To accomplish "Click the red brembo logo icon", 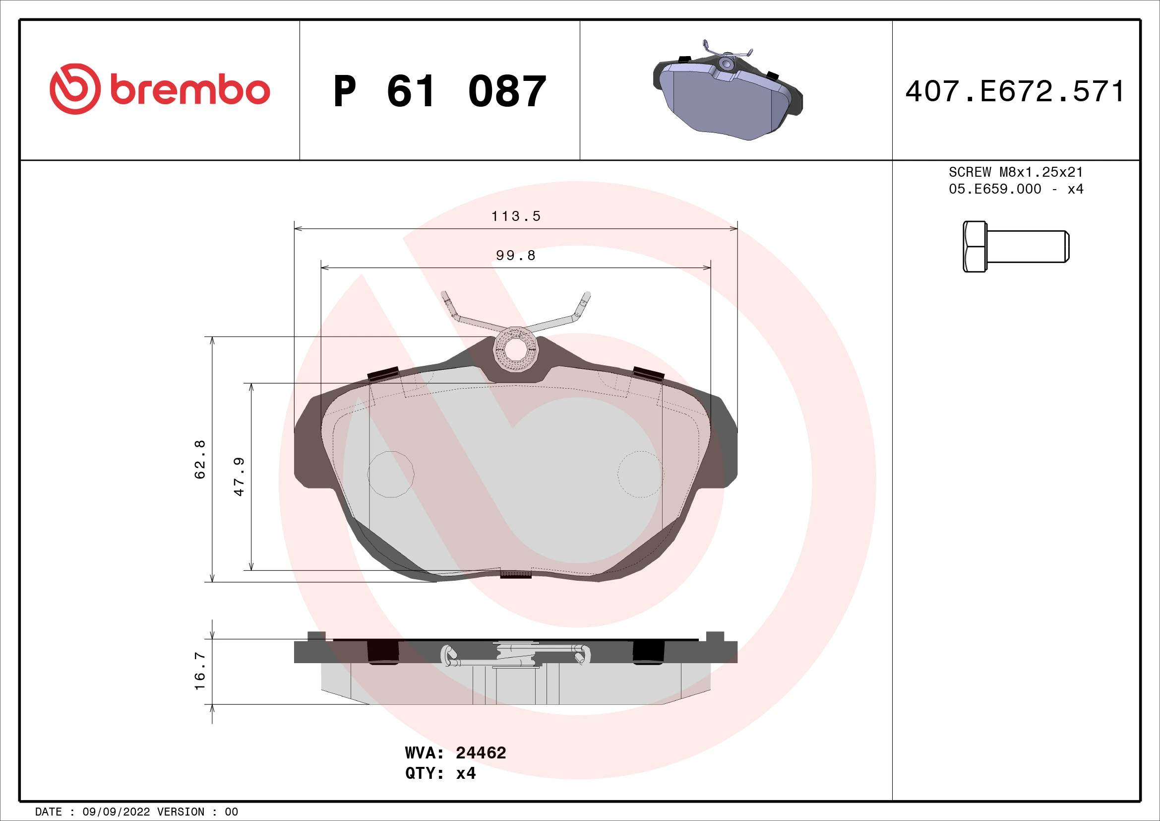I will (75, 89).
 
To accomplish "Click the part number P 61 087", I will (439, 91).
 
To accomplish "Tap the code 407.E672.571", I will (1015, 91).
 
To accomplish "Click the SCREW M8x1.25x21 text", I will (1016, 172).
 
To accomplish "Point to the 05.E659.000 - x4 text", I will (1016, 189).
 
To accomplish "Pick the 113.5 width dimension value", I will (516, 216).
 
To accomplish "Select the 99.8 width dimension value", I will (516, 255).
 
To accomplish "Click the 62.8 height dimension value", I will (200, 459).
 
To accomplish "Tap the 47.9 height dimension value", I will (239, 476).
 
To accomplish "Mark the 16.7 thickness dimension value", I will (200, 671).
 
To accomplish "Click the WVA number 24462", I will (481, 753).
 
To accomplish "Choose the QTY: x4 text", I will (440, 773).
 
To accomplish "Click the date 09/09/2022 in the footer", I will (116, 812).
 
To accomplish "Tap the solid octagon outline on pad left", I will (390, 474).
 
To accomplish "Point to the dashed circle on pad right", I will (640, 474).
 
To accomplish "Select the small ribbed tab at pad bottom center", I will (515, 574).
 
